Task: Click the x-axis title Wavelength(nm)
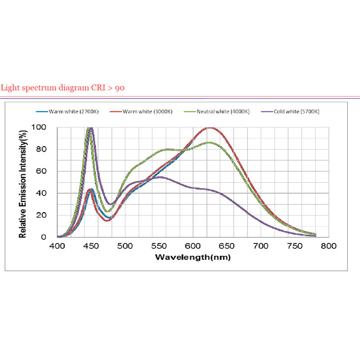[193, 257]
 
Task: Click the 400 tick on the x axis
[57, 246]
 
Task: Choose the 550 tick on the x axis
[159, 246]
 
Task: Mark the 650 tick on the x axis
[227, 246]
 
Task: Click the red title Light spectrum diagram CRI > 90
[63, 88]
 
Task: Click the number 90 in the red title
[120, 88]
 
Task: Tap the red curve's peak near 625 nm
[210, 128]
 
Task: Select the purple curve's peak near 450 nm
[91, 128]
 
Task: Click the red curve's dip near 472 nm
[107, 220]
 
